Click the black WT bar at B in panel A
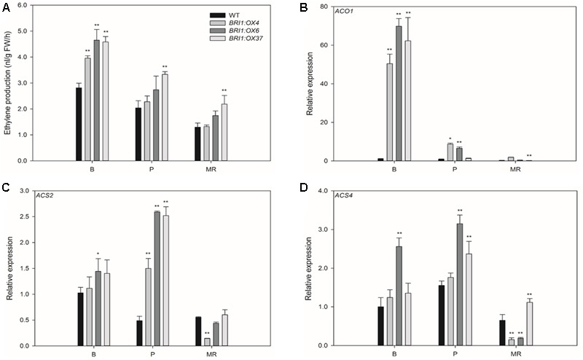(79, 124)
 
